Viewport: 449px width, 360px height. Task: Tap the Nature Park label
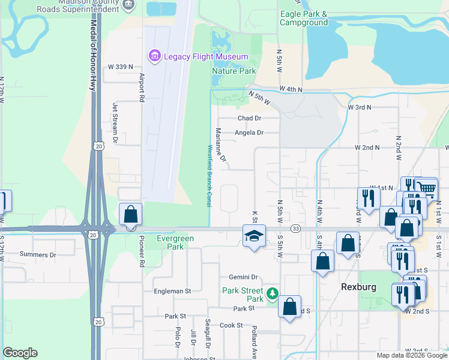pos(234,71)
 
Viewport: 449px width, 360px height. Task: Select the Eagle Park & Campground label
pos(304,18)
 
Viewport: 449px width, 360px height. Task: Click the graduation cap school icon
pos(254,236)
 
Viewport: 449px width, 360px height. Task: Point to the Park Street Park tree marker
pos(273,293)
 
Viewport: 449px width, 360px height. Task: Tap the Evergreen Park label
pos(175,242)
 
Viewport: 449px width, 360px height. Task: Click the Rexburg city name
pos(358,287)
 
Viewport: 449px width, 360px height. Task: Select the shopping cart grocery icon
pos(426,188)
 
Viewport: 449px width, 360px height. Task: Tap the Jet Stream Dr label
pos(115,123)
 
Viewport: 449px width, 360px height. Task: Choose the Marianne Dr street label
pos(221,145)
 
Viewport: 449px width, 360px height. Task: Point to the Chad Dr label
pos(250,119)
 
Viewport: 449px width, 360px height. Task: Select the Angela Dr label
pos(249,133)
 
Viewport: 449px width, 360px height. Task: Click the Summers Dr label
pos(37,254)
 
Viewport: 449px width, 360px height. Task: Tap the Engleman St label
pos(171,291)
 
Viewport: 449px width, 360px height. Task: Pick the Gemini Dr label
pos(243,277)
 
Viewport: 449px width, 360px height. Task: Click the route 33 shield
pos(295,229)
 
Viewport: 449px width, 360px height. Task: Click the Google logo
pos(20,353)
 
